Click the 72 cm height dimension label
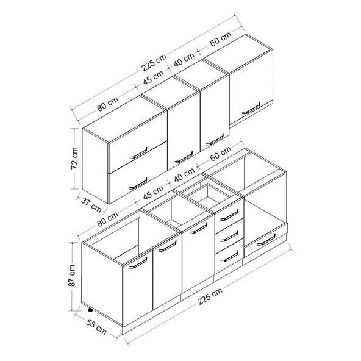(75, 158)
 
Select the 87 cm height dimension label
(72, 276)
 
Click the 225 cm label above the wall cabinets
(154, 62)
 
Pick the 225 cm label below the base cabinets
(210, 296)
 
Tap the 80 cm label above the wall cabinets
(107, 104)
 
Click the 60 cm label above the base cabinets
(220, 154)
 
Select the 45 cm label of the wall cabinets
(153, 77)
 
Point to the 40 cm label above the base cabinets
(184, 175)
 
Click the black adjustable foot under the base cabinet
(90, 310)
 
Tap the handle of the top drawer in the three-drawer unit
(229, 215)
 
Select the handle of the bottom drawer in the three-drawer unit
(229, 257)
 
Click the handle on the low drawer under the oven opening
(266, 240)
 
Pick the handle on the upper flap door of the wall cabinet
(138, 153)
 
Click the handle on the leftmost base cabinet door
(138, 263)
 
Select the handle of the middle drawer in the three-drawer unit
(229, 236)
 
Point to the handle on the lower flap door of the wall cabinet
(138, 184)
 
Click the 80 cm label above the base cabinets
(107, 219)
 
